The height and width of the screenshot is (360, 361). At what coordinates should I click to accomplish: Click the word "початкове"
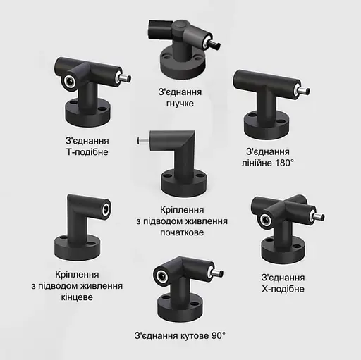tap(182, 232)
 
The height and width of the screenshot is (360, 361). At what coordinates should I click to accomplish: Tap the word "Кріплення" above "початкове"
tap(182, 210)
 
